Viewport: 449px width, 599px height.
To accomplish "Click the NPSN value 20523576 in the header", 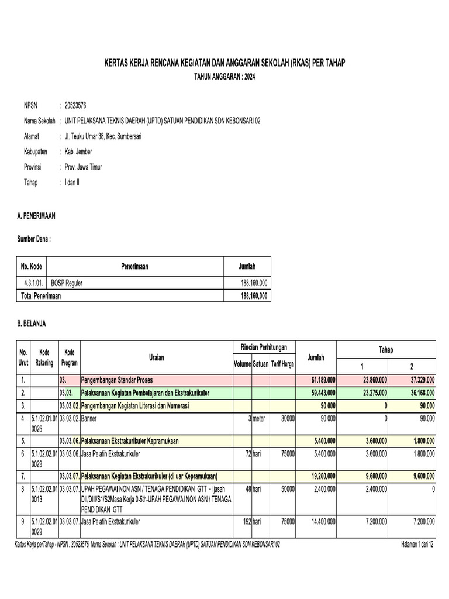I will click(75, 105).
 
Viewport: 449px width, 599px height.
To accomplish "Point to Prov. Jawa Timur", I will click(83, 167).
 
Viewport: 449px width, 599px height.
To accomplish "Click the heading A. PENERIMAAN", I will click(37, 216).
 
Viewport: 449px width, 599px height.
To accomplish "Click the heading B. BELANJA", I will click(32, 323).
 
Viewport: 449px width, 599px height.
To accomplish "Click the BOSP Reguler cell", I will click(67, 283).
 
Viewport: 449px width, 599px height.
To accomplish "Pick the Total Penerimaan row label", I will click(41, 296).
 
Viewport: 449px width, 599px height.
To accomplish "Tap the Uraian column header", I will click(156, 357).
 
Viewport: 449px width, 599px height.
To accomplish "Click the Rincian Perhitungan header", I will click(264, 347).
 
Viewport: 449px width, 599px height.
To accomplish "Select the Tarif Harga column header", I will click(282, 364).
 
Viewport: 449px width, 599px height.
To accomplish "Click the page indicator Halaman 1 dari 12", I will click(417, 544).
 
